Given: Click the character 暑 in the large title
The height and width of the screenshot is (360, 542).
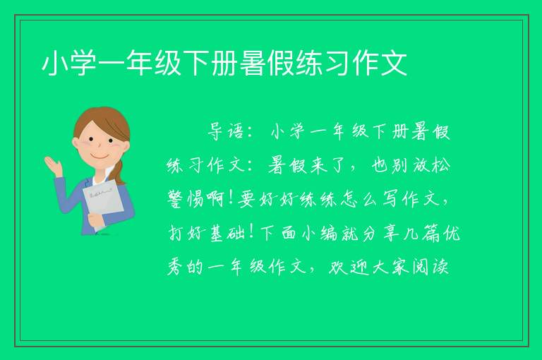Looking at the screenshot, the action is (x=253, y=64).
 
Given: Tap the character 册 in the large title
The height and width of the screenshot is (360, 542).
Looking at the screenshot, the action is (x=224, y=64).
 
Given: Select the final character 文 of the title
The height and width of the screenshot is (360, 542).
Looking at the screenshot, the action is (x=394, y=64).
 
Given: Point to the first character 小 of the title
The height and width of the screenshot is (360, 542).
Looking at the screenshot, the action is (x=55, y=64).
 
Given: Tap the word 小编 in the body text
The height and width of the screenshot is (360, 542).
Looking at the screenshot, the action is (x=320, y=233).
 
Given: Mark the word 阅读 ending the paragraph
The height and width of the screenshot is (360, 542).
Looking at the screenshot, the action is (x=430, y=267).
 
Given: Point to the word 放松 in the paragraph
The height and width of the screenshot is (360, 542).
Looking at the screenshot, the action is (x=433, y=166).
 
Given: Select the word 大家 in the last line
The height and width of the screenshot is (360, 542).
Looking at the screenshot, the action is (x=389, y=267).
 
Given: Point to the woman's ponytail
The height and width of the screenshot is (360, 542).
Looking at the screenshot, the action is (x=119, y=172).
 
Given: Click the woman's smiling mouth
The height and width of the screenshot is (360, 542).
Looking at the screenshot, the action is (x=100, y=157).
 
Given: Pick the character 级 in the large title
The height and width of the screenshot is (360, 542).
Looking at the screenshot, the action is (x=168, y=64).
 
